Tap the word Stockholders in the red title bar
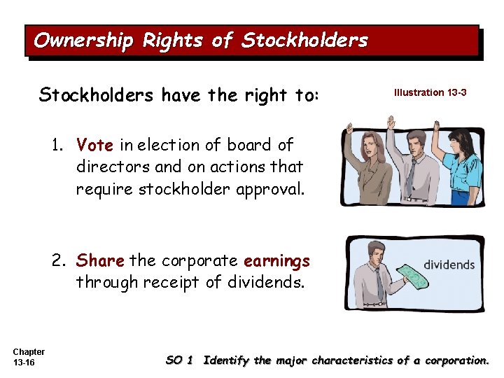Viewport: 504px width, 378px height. [304, 41]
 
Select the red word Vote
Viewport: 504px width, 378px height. [95, 145]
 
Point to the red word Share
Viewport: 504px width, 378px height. [100, 261]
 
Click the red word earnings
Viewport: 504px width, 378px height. [276, 261]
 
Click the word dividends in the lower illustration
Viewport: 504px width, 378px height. [449, 265]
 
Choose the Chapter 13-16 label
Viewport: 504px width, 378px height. [29, 357]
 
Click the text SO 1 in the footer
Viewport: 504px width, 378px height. [179, 360]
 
